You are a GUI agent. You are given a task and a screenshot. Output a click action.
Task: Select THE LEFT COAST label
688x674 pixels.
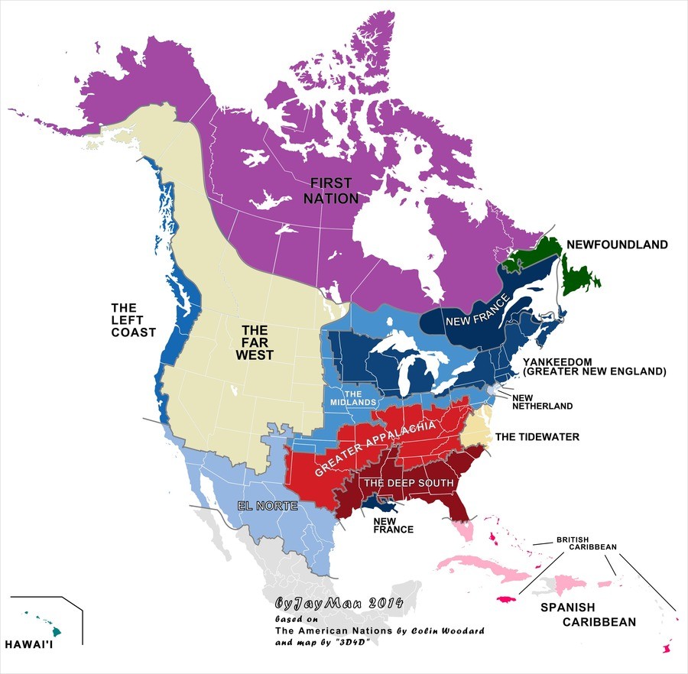(x=133, y=319)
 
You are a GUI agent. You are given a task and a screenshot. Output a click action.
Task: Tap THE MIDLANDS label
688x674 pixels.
(x=352, y=397)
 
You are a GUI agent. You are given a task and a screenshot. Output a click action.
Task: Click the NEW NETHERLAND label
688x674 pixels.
(x=542, y=402)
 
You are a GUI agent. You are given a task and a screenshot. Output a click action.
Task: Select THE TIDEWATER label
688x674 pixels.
(x=537, y=437)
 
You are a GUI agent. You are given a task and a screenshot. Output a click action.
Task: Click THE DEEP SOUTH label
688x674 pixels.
(x=408, y=484)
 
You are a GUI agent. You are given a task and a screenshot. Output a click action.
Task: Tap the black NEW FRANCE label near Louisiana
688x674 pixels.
(x=392, y=524)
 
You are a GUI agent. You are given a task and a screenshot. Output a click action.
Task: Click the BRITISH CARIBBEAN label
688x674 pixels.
(x=585, y=543)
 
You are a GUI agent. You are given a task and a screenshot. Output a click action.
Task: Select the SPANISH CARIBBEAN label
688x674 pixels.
(x=588, y=615)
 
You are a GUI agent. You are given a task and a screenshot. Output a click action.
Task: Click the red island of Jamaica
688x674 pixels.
(x=508, y=600)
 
